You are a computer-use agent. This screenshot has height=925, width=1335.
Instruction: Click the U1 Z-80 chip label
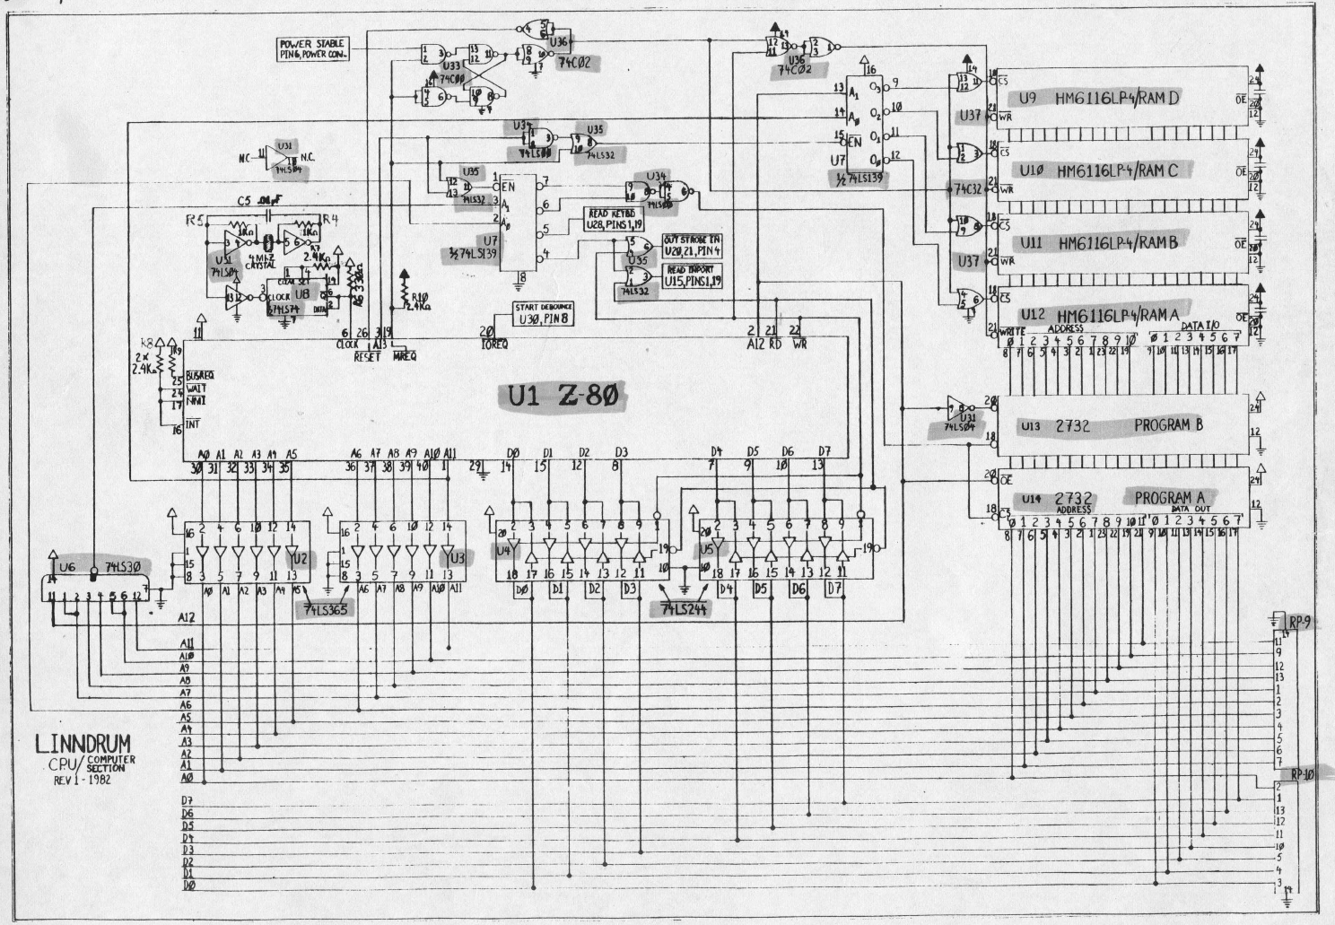(564, 395)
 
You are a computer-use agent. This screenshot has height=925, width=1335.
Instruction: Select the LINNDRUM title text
(83, 743)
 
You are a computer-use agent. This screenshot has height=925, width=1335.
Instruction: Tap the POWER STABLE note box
(312, 48)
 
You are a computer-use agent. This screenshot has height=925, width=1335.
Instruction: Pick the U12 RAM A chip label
(1090, 315)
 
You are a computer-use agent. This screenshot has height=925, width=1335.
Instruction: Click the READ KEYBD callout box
(613, 218)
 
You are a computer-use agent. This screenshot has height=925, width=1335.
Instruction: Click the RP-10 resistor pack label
(1302, 773)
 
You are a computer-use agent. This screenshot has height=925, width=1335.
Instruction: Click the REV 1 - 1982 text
(90, 779)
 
